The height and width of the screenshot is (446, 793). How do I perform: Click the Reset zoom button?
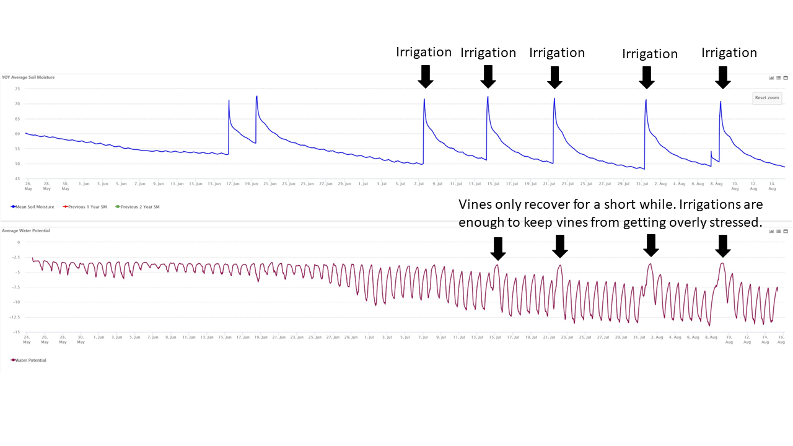766,98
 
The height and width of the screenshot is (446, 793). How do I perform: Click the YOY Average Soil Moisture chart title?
28,77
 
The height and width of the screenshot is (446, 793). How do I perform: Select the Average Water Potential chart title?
26,230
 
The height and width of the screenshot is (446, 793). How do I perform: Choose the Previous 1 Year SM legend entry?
85,207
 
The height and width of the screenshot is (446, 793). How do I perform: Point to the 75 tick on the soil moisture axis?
17,89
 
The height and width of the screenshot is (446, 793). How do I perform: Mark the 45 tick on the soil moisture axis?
17,179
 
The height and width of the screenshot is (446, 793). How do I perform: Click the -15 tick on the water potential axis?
16,331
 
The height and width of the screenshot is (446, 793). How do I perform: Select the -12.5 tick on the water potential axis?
15,317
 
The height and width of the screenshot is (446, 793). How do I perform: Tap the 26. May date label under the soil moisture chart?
28,186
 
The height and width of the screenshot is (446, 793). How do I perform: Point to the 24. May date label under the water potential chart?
27,339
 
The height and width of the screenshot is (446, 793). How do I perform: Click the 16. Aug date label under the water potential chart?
781,339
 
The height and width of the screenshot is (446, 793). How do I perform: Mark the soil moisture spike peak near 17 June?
229,100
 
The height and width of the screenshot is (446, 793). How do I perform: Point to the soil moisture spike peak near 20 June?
256,96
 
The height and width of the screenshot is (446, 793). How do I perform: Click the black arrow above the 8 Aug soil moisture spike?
722,77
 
